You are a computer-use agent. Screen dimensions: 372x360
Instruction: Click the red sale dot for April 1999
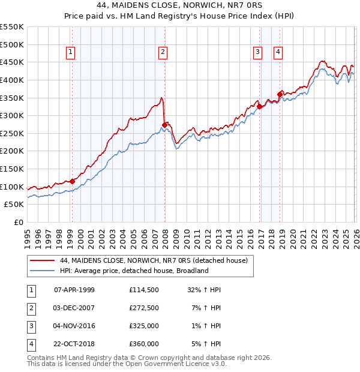point(72,181)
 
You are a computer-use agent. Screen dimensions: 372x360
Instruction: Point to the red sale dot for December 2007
point(164,125)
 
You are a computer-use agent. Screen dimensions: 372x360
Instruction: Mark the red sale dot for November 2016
point(259,106)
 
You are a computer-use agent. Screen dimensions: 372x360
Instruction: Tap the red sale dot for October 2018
point(280,94)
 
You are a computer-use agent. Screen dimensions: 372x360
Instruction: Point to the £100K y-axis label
point(12,187)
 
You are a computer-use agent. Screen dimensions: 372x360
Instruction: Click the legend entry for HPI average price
point(133,271)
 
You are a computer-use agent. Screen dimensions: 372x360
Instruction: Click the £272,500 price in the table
point(143,308)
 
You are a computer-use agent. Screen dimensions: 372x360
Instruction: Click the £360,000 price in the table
point(143,344)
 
